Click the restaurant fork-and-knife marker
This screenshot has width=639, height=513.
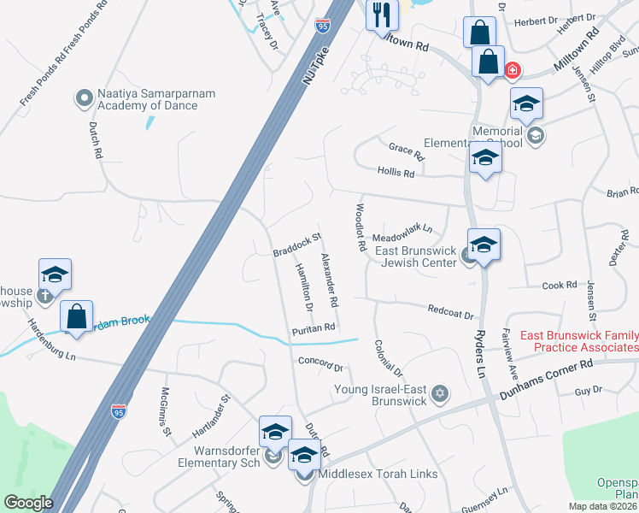382,15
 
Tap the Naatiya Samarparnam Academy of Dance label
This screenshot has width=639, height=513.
148,100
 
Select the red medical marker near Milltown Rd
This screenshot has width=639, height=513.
513,70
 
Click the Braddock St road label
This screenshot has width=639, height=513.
296,245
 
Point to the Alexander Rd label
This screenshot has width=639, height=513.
329,280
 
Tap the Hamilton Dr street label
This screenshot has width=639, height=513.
303,286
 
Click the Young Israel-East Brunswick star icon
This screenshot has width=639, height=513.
440,393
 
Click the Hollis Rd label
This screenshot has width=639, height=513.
396,173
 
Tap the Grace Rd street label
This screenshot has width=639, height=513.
406,152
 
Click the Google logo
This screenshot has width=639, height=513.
28,503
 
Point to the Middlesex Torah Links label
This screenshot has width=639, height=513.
378,474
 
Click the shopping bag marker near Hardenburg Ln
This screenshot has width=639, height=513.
77,316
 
